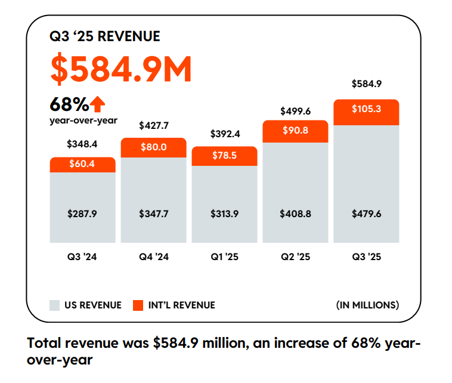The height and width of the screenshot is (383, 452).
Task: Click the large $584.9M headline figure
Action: click(121, 70)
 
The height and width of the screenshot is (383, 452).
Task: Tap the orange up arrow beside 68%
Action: click(98, 105)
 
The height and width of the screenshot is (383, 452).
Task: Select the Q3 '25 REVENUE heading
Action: click(105, 36)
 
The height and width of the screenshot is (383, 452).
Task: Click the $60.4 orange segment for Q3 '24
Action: click(82, 164)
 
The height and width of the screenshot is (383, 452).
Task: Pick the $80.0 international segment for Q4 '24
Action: click(153, 147)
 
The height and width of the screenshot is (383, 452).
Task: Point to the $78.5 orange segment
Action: click(225, 156)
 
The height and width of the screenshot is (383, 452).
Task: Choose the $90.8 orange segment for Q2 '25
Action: click(295, 131)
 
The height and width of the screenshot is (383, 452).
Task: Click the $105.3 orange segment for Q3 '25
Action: click(366, 109)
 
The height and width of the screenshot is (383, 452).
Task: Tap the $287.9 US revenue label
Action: click(82, 213)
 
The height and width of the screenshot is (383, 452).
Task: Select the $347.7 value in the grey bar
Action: click(153, 213)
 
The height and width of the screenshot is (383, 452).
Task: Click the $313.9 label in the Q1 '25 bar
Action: click(225, 213)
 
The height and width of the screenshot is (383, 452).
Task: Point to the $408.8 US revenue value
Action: click(295, 213)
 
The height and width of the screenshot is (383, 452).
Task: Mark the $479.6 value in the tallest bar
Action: click(366, 213)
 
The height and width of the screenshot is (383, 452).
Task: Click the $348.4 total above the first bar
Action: click(82, 144)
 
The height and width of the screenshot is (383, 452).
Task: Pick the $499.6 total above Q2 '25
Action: click(295, 110)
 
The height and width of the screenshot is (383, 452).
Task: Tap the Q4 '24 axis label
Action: click(153, 257)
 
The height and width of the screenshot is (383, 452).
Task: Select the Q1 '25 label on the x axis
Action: click(225, 257)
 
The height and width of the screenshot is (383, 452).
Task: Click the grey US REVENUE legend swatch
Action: click(55, 305)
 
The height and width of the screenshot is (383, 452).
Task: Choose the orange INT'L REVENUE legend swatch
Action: click(138, 305)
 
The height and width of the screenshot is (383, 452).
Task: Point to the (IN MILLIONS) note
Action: click(367, 305)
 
